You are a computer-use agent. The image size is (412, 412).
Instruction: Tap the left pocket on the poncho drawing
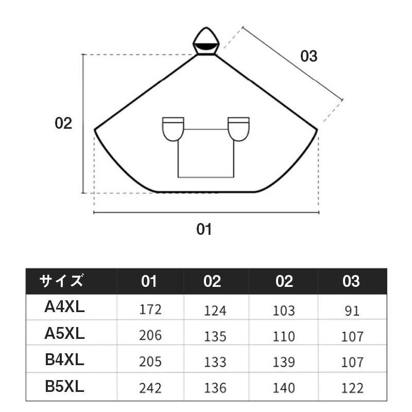click(173, 129)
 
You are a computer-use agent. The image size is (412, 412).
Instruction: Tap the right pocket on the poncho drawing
click(238, 129)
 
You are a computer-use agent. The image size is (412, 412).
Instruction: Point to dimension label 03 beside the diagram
click(308, 56)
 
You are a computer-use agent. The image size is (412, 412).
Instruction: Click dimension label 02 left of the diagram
click(63, 123)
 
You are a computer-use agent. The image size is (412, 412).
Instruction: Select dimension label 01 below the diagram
click(204, 229)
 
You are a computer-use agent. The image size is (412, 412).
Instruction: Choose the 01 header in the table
click(149, 281)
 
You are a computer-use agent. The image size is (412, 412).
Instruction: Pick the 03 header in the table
click(351, 281)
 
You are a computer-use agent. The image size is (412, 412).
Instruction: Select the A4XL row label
click(64, 306)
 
